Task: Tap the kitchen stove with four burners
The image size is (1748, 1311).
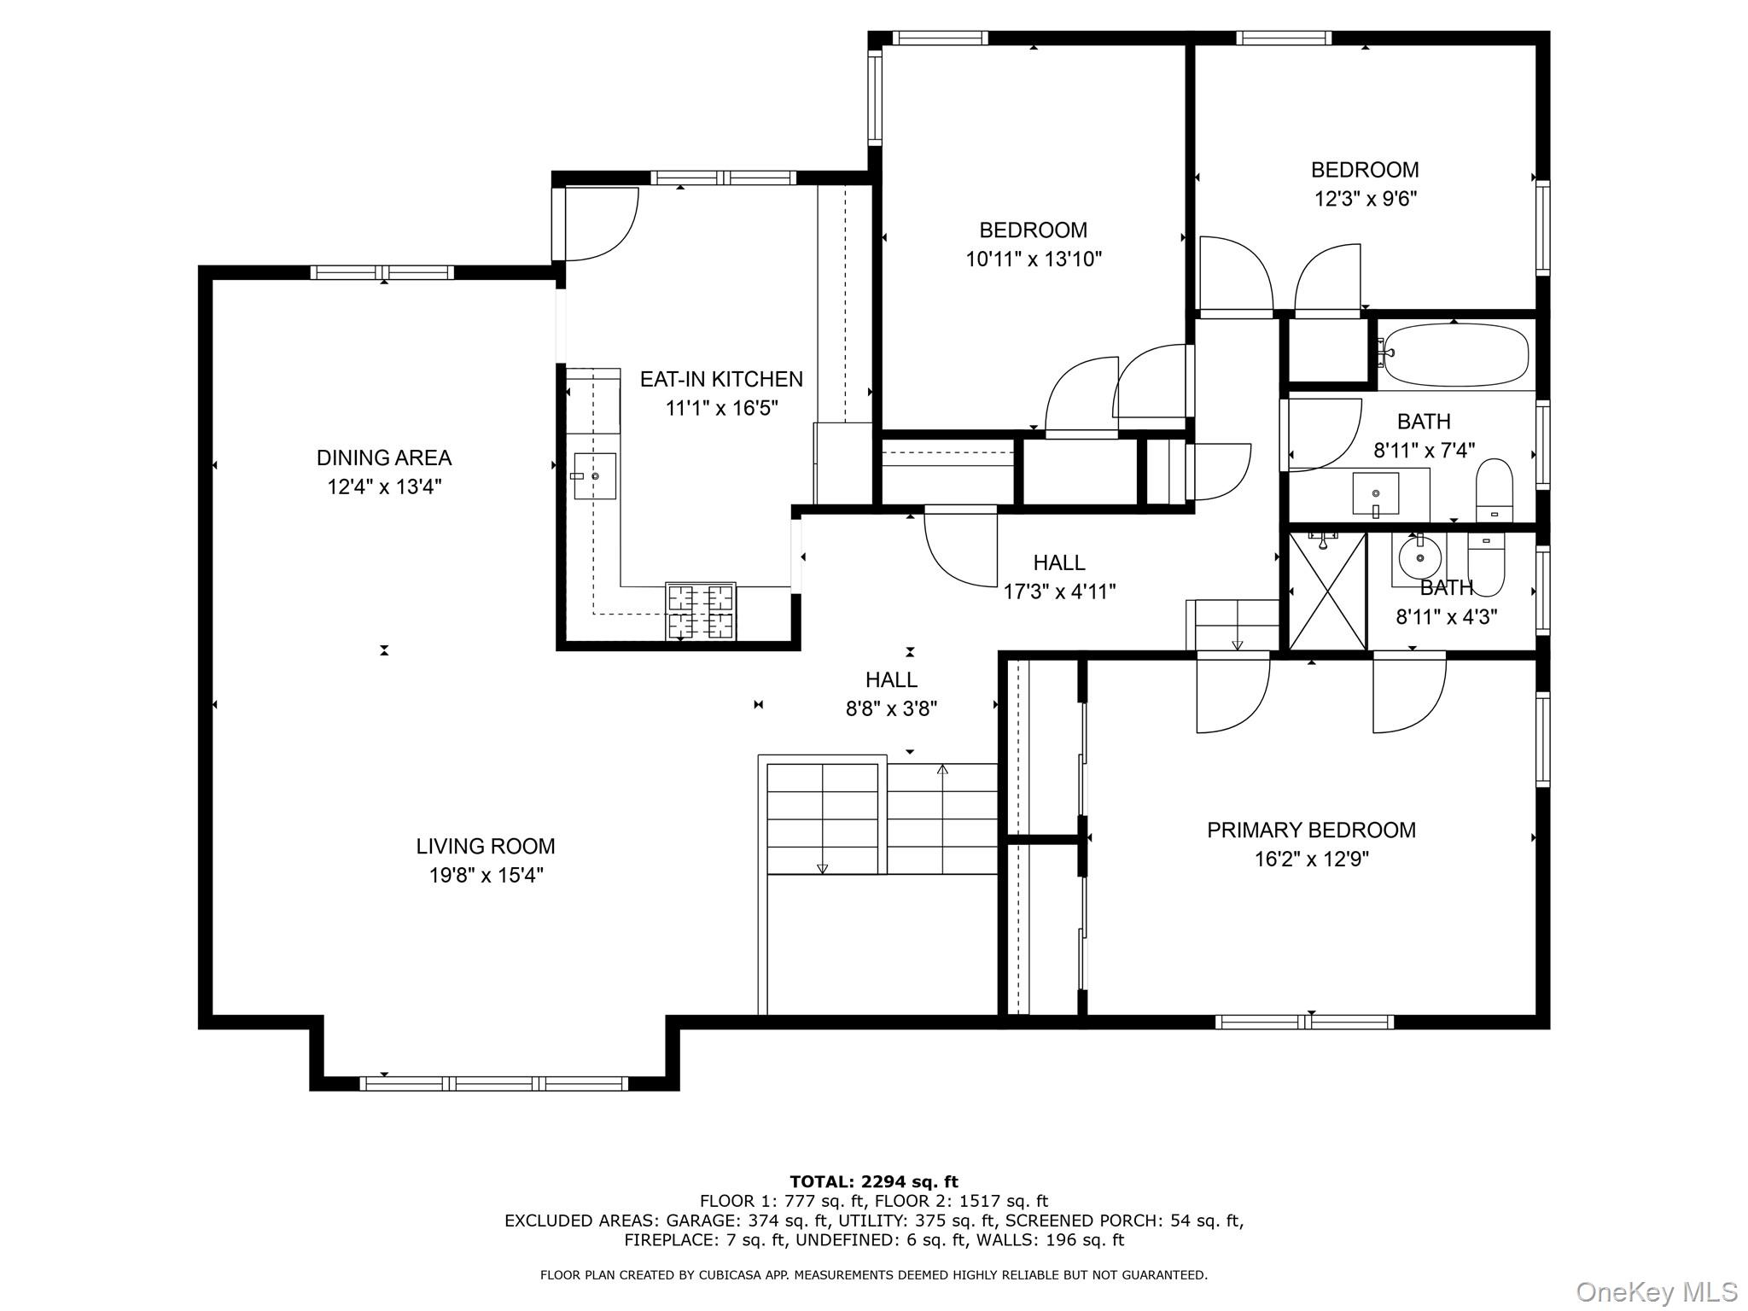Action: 700,611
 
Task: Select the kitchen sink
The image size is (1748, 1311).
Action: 594,475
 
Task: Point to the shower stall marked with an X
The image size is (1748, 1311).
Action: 1326,591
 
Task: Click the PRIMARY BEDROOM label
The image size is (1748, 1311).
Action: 1310,830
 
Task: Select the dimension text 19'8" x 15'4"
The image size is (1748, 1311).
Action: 486,875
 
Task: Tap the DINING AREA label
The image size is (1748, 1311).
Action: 384,457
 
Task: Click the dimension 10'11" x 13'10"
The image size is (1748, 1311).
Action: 1033,259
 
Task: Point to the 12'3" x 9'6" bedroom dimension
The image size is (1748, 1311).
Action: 1365,198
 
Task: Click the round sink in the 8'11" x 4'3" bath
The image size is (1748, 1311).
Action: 1419,558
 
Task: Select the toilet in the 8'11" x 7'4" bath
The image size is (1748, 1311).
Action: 1494,491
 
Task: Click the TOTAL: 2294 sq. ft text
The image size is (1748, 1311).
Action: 873,1181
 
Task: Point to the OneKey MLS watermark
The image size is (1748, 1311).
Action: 1655,1291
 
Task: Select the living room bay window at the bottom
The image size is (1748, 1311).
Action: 493,1083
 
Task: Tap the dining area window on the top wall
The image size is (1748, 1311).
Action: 382,272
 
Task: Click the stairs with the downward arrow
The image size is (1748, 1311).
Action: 822,819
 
